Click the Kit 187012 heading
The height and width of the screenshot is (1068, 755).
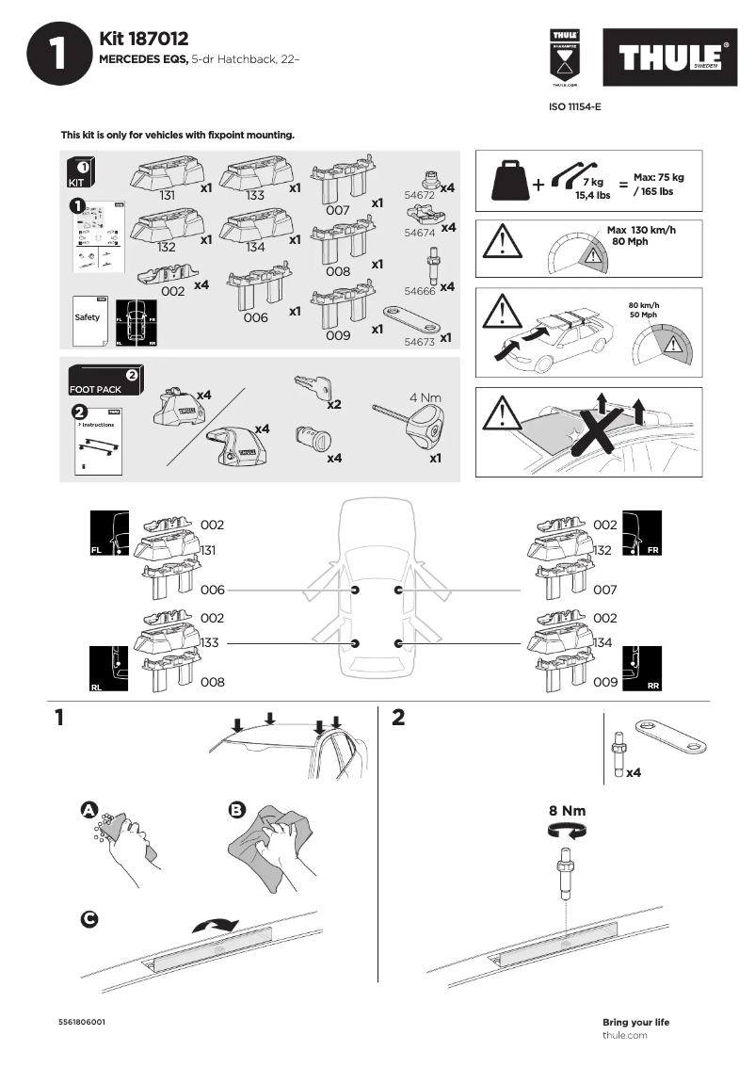[144, 39]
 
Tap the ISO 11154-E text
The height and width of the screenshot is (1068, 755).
[574, 107]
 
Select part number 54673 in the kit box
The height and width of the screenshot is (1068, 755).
[419, 342]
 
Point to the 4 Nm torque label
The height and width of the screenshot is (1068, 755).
[425, 397]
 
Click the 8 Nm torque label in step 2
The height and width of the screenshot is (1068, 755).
[567, 810]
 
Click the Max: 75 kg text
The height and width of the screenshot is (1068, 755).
[658, 177]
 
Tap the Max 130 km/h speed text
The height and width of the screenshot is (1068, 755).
[641, 230]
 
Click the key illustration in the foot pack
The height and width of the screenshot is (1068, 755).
[312, 386]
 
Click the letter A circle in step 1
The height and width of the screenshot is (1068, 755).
[88, 810]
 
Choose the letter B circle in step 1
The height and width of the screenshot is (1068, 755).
[237, 810]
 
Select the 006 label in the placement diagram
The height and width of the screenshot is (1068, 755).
[213, 590]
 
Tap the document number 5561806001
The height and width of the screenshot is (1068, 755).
[83, 1022]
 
